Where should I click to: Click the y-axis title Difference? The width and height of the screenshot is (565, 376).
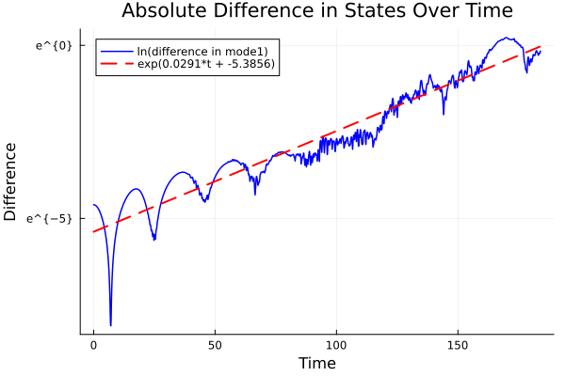point(11,181)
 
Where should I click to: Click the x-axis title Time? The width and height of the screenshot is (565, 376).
point(316,363)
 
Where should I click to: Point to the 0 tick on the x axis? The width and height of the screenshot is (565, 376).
point(93,346)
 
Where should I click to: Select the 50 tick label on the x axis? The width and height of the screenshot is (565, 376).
point(215,346)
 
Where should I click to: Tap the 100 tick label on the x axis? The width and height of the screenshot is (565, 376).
point(336,346)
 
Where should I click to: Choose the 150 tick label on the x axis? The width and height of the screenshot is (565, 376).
point(458,346)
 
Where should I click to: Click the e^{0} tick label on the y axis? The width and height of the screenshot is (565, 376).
point(55,45)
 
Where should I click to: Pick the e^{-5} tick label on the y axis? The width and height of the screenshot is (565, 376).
point(51,218)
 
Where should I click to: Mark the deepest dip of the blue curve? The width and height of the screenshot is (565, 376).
point(110,325)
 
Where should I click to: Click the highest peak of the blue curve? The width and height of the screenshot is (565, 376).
point(506,39)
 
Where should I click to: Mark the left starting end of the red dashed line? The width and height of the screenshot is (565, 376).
point(93,231)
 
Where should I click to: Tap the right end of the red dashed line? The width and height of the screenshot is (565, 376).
point(541,45)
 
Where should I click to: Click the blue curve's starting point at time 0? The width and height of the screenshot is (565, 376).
point(93,205)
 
